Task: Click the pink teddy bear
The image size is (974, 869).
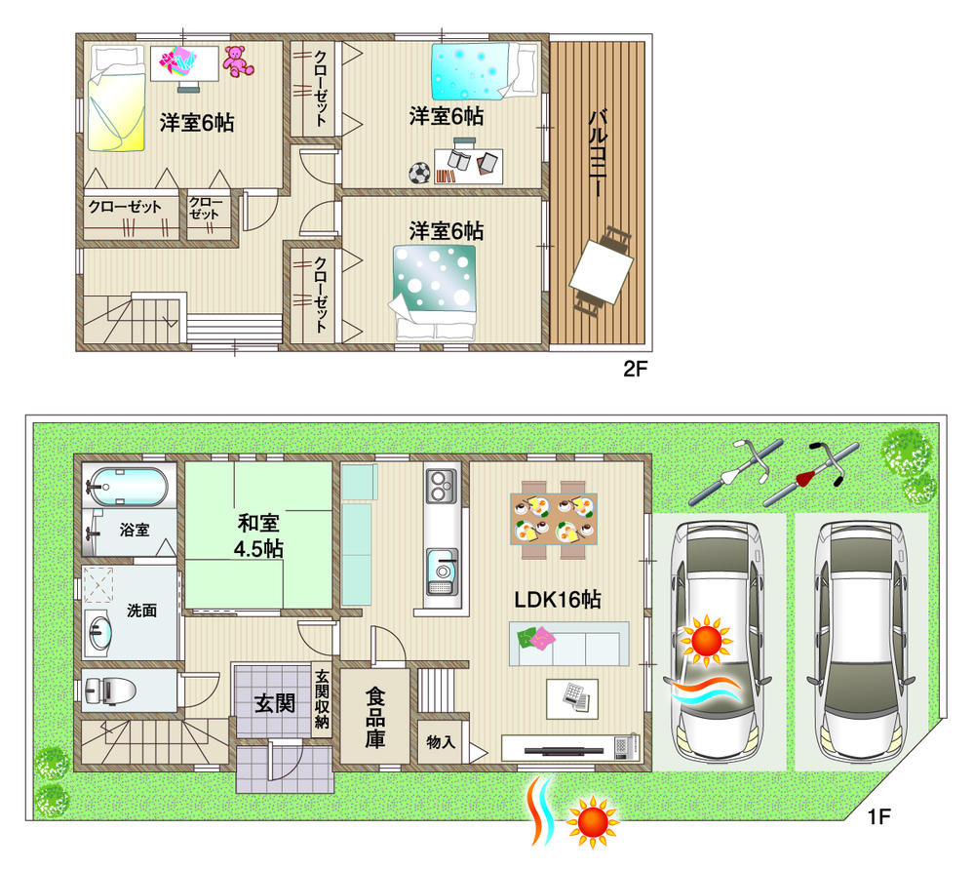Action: click(x=236, y=60)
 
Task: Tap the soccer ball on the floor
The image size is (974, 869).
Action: click(x=419, y=173)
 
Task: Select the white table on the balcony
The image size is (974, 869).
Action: click(x=601, y=271)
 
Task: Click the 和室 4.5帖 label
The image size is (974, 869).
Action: click(x=259, y=534)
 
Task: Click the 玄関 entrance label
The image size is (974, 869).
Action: click(x=274, y=703)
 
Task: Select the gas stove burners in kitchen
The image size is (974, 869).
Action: click(x=442, y=484)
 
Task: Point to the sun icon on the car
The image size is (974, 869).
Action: click(x=705, y=640)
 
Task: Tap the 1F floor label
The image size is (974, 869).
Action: click(x=880, y=814)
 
